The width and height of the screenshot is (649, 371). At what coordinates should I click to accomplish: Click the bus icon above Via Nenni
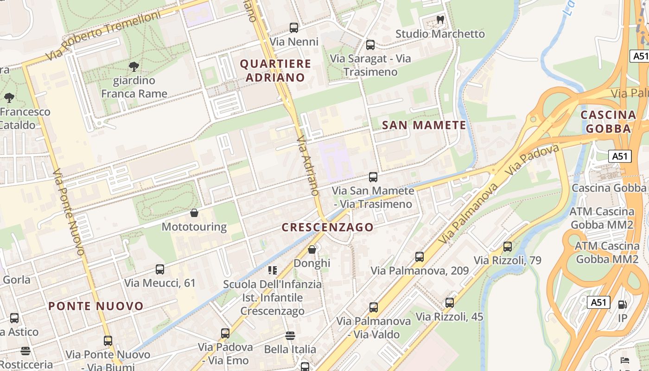pos(294,28)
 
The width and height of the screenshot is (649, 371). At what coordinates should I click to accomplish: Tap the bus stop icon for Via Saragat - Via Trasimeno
pos(370,45)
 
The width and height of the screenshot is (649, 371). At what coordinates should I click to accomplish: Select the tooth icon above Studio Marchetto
pos(440,20)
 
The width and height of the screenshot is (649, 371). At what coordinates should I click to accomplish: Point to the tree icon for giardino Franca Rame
pos(134,67)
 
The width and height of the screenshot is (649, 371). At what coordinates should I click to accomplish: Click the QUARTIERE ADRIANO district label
pos(275,70)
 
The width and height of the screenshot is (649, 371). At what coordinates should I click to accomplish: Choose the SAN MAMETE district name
pos(424,125)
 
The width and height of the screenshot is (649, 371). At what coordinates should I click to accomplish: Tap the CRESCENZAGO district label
pos(328,227)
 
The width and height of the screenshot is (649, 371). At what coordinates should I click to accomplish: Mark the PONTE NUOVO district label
pos(96,306)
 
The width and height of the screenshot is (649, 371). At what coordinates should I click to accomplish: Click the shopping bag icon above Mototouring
pos(194,213)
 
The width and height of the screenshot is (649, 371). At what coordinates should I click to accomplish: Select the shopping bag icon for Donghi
pos(312,249)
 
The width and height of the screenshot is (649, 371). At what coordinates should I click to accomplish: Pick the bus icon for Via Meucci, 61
pos(160,269)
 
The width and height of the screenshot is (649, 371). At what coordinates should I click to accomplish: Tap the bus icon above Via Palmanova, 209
pos(420,257)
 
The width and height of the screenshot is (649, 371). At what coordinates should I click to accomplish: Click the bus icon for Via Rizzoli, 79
pos(508,247)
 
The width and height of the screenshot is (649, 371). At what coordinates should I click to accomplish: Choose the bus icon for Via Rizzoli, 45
pos(449,303)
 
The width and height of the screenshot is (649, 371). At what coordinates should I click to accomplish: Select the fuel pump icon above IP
pos(622,305)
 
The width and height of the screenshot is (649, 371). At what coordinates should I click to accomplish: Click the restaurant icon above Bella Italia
pos(290,335)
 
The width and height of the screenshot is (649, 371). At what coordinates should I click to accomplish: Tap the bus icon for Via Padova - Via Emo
pos(225,333)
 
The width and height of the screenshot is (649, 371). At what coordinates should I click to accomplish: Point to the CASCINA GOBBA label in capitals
pos(608,122)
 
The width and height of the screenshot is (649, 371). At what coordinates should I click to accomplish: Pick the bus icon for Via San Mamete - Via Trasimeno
pos(373,177)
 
